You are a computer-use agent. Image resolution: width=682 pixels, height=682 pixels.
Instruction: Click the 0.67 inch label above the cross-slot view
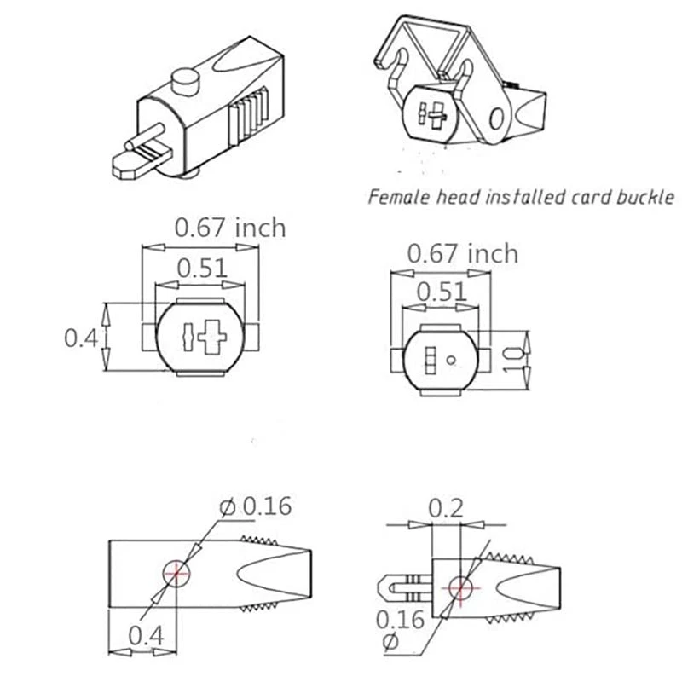[229, 228]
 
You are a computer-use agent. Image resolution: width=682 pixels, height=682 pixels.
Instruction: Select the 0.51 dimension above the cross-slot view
[202, 268]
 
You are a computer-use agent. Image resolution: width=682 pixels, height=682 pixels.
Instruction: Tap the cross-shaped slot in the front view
[207, 337]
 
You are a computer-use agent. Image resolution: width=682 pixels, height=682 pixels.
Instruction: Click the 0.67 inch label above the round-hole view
[462, 253]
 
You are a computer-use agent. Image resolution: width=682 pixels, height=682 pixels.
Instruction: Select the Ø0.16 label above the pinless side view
[255, 506]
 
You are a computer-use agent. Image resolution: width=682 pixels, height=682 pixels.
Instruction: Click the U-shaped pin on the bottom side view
[396, 587]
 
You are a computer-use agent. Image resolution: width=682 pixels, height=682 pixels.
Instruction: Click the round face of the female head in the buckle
[430, 111]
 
